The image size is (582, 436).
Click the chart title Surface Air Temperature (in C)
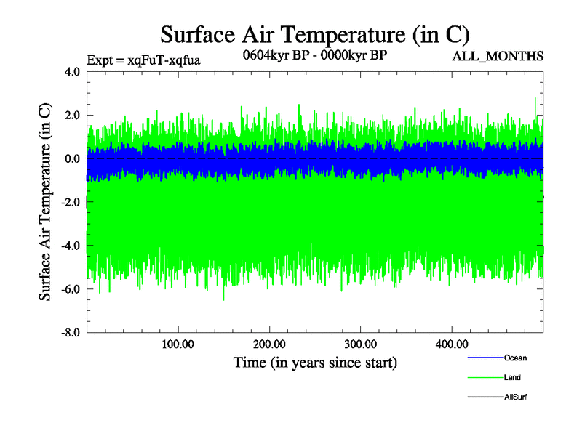(x=314, y=34)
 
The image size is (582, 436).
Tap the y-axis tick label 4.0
(x=72, y=72)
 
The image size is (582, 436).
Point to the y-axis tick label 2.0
(x=72, y=116)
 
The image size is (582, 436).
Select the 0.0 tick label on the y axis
(x=72, y=159)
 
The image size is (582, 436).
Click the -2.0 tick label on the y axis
(x=70, y=203)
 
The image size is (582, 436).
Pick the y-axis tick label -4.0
(x=70, y=246)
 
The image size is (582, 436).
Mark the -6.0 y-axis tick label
(x=70, y=289)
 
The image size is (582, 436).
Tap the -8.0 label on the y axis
(x=70, y=333)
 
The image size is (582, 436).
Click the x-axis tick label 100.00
(x=178, y=344)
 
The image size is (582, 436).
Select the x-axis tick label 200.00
(x=269, y=344)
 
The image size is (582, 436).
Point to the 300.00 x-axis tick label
(x=360, y=344)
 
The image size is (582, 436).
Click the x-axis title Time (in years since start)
(x=315, y=362)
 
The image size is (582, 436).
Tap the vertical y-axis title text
(x=45, y=203)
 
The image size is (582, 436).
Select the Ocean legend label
(x=515, y=358)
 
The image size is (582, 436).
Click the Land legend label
(x=512, y=378)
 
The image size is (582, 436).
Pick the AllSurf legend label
(x=515, y=397)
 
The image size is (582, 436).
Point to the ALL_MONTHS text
(x=503, y=57)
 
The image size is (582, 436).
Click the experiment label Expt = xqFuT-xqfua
(x=143, y=60)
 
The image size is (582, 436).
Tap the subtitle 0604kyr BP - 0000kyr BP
(x=314, y=54)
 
